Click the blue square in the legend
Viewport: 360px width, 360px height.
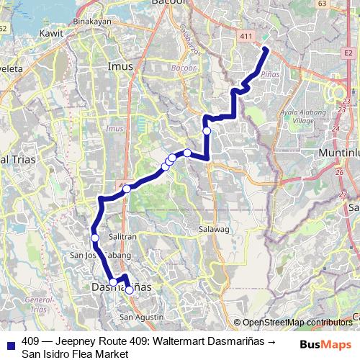11,342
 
